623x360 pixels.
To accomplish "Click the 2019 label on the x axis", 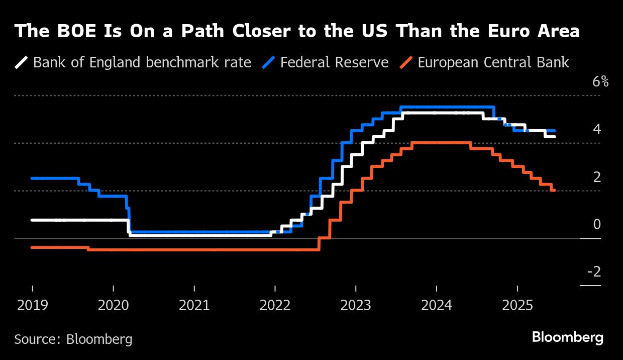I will [x=32, y=305].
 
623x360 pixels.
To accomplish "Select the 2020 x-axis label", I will [x=113, y=305].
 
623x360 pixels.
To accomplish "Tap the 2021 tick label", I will [x=194, y=305].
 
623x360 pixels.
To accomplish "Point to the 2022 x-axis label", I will [x=275, y=305].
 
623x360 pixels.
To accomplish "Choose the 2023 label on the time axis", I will [x=356, y=305].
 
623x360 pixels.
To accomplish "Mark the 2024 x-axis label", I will [x=436, y=305].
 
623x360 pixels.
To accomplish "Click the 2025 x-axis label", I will [x=517, y=305].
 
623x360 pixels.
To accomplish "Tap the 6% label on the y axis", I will [x=600, y=81].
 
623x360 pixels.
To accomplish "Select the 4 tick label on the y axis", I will [x=597, y=129].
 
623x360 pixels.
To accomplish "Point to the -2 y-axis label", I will [x=594, y=272].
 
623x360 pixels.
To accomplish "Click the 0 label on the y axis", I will [x=597, y=224].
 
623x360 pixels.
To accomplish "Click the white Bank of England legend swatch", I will [x=22, y=62].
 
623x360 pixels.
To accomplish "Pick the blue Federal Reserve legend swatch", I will [x=269, y=62].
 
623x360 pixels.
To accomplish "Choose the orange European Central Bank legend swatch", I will [x=406, y=62].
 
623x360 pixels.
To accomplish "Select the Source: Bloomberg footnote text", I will [x=73, y=339].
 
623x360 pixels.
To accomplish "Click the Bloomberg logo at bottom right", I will [x=567, y=337].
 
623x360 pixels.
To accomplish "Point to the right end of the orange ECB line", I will [x=554, y=190].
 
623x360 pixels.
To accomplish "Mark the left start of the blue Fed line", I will [x=32, y=178].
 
